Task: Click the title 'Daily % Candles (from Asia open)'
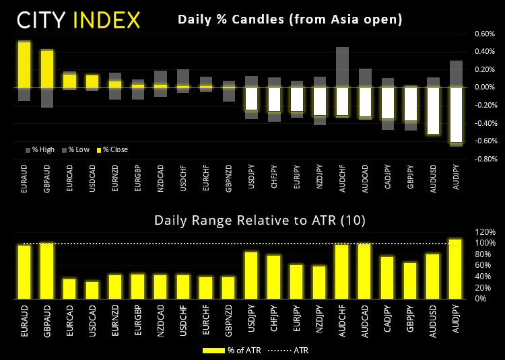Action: tap(290, 20)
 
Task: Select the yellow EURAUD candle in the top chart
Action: tap(24, 65)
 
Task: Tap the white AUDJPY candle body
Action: tap(456, 114)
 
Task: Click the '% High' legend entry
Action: tap(40, 149)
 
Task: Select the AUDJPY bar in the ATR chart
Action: tap(456, 268)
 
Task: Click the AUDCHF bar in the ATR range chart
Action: tap(342, 271)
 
